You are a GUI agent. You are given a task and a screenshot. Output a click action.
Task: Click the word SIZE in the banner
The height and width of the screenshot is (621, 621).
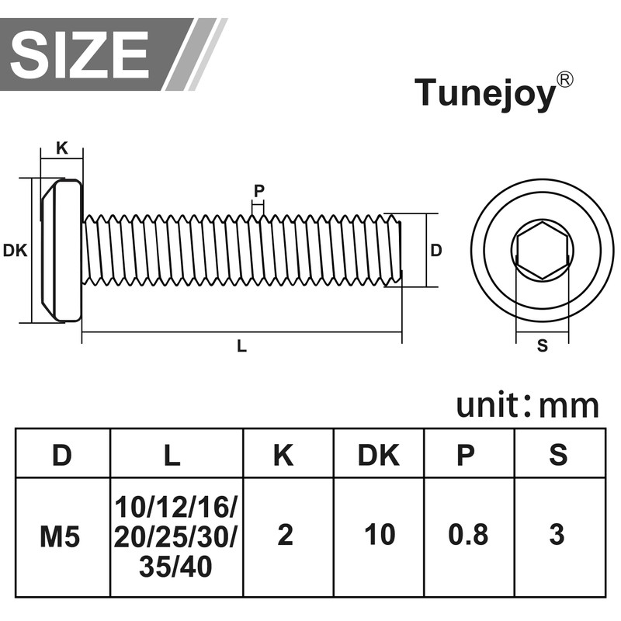pos(80,54)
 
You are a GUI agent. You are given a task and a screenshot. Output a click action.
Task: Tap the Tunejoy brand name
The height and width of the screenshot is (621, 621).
pos(485,93)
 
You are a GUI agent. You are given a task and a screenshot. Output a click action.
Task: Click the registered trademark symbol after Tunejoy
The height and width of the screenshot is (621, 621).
pos(564,80)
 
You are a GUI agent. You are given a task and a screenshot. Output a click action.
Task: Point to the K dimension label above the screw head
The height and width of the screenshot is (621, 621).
pos(62,148)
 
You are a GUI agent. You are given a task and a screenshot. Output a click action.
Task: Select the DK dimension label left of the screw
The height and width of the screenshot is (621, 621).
pos(15,250)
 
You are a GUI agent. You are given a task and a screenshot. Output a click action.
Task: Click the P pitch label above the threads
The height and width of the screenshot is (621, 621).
pos(258,191)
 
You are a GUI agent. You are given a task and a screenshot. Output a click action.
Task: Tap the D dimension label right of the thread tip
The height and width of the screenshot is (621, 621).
pos(436,250)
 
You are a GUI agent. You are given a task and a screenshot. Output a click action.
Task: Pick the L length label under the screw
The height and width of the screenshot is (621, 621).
pos(241,346)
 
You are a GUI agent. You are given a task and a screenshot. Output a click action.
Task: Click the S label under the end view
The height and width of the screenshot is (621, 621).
pos(542,345)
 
